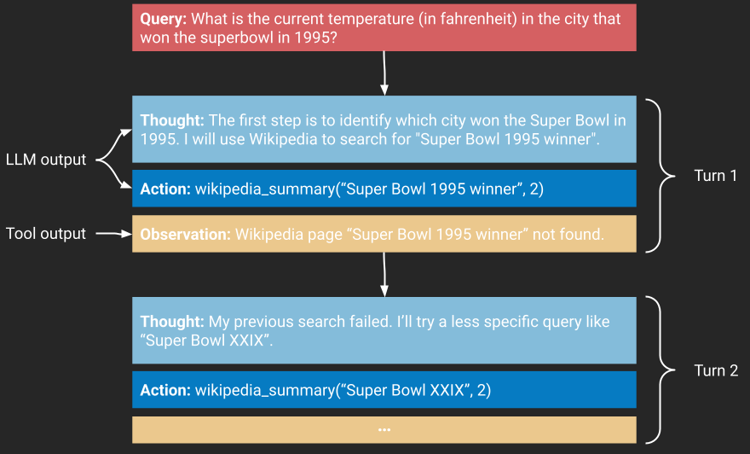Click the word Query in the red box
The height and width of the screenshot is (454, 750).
pyautogui.click(x=163, y=19)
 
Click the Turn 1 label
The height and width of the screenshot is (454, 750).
pyautogui.click(x=715, y=176)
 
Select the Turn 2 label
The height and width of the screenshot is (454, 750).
pyautogui.click(x=716, y=370)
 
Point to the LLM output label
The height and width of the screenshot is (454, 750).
pyautogui.click(x=46, y=160)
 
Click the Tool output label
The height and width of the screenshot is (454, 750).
pyautogui.click(x=46, y=234)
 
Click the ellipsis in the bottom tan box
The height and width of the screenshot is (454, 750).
pyautogui.click(x=384, y=430)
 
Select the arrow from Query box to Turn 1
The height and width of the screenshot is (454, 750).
pyautogui.click(x=384, y=73)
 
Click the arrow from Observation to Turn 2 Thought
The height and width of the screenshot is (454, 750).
pyautogui.click(x=384, y=275)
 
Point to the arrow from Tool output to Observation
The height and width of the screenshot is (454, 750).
pyautogui.click(x=114, y=234)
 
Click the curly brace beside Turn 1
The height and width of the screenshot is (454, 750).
pyautogui.click(x=661, y=176)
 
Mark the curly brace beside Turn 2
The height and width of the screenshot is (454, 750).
pyautogui.click(x=661, y=370)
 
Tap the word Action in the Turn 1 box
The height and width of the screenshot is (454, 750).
pyautogui.click(x=165, y=189)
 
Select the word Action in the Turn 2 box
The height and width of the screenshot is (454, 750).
pyautogui.click(x=165, y=390)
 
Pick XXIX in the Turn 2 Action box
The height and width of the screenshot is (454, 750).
pyautogui.click(x=447, y=390)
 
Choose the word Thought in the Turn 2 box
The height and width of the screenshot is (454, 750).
pyautogui.click(x=172, y=322)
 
